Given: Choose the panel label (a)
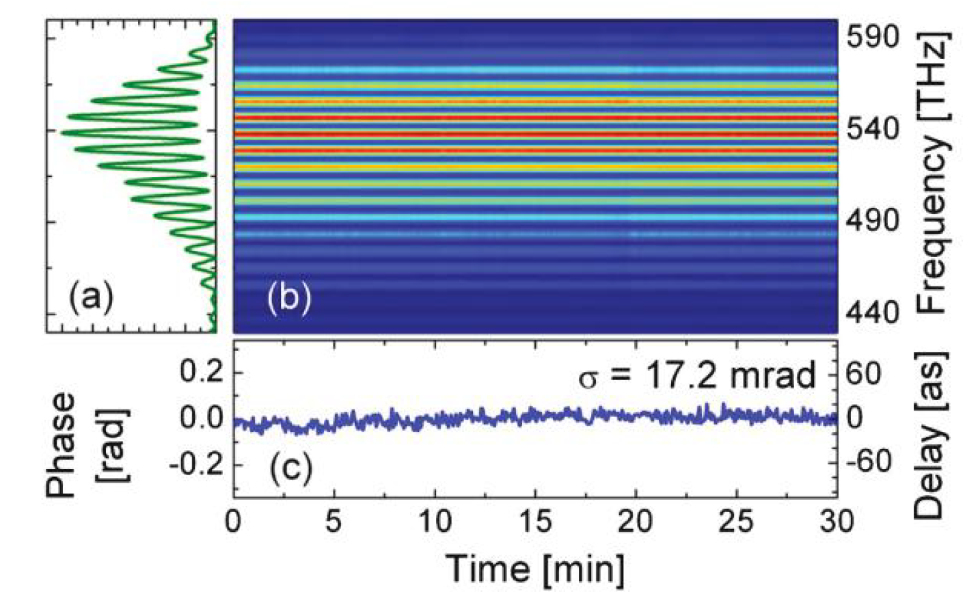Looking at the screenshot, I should click(x=92, y=297).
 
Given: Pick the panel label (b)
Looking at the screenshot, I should click(x=289, y=298).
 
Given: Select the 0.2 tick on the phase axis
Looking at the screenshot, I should click(x=202, y=373).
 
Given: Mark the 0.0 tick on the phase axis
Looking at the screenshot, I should click(x=202, y=418).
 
